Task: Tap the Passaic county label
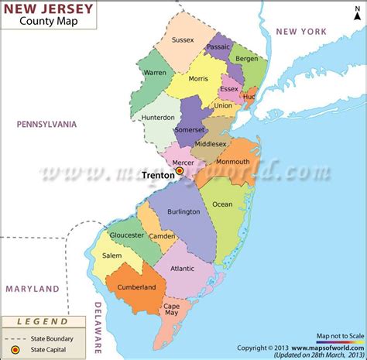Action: click(x=219, y=47)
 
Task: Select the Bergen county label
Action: click(x=247, y=59)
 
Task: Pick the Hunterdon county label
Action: click(x=157, y=118)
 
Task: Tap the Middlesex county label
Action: click(x=210, y=144)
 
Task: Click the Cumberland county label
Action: click(x=137, y=286)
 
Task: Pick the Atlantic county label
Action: click(x=182, y=269)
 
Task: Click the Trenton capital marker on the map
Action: click(x=180, y=170)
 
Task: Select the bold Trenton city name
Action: click(x=158, y=176)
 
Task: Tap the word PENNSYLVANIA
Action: click(x=50, y=123)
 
